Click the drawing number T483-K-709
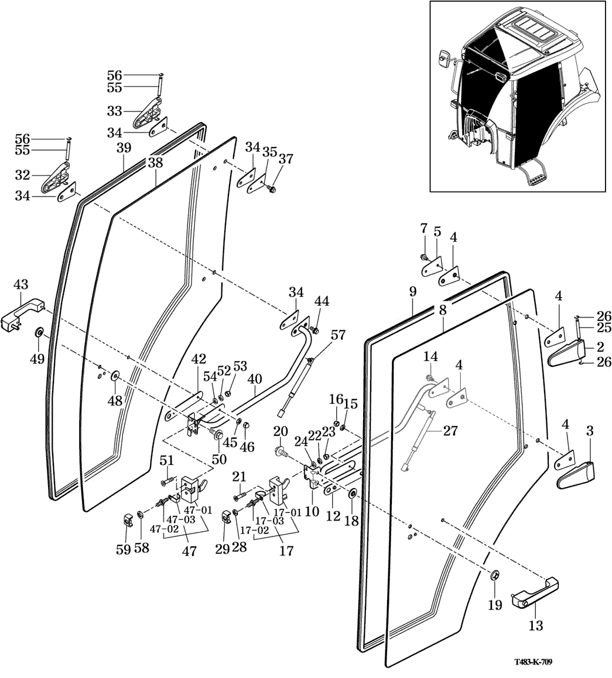click(x=533, y=662)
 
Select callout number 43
click(x=20, y=284)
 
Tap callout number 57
click(x=338, y=335)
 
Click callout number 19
click(x=495, y=605)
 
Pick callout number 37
click(x=285, y=159)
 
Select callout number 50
click(x=219, y=459)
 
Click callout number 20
click(x=281, y=431)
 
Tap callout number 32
click(x=23, y=174)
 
